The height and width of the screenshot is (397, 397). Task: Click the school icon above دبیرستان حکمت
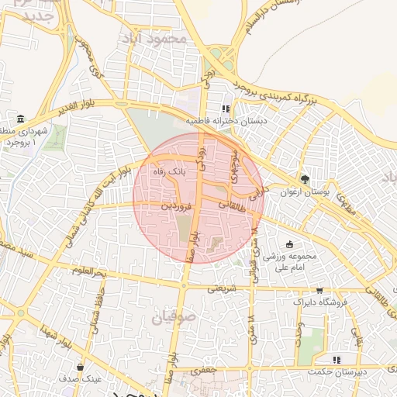click(336, 360)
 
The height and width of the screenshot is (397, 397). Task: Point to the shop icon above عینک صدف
click(81, 367)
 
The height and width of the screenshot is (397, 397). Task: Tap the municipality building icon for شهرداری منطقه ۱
click(20, 119)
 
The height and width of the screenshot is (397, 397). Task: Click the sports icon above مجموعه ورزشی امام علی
click(290, 244)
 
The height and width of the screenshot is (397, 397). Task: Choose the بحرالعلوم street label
click(85, 271)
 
